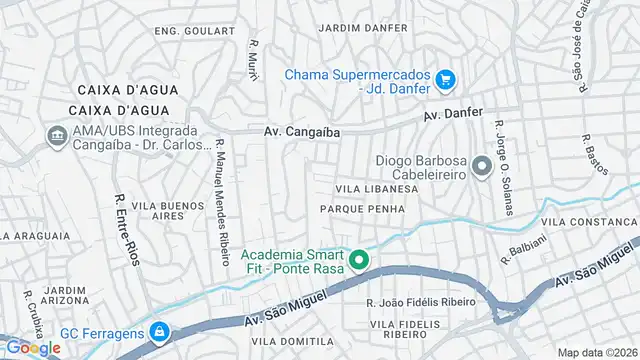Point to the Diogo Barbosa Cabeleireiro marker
(482, 166)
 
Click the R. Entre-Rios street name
(125, 230)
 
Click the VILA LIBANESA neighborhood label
(376, 189)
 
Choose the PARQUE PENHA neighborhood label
(362, 209)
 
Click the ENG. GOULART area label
(194, 31)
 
